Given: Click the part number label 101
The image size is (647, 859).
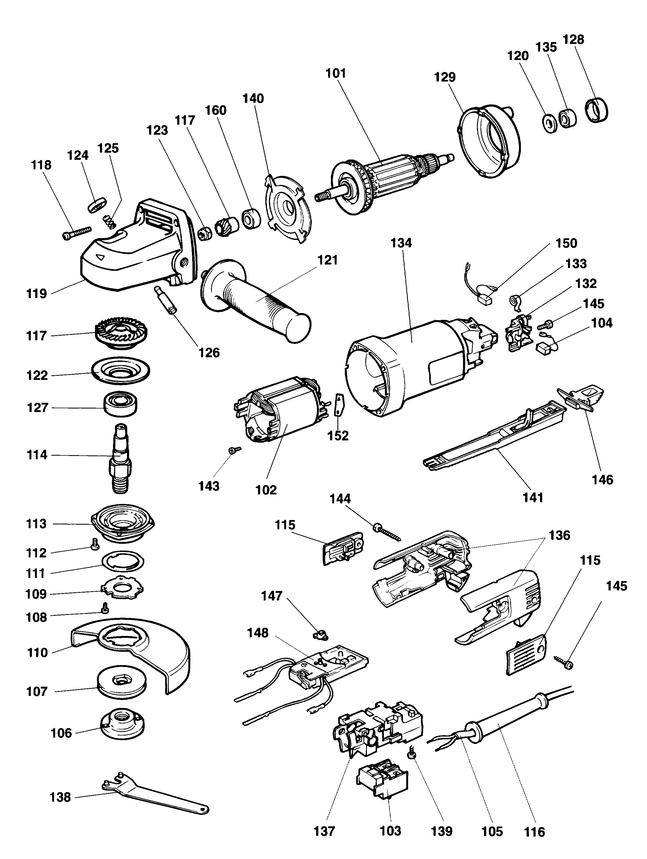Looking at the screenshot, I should pyautogui.click(x=336, y=73).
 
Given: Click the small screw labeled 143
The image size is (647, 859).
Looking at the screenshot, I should pyautogui.click(x=235, y=450).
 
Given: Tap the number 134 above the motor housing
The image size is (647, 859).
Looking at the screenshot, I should pyautogui.click(x=401, y=243).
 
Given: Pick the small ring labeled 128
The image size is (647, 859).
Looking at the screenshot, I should pyautogui.click(x=597, y=111).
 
